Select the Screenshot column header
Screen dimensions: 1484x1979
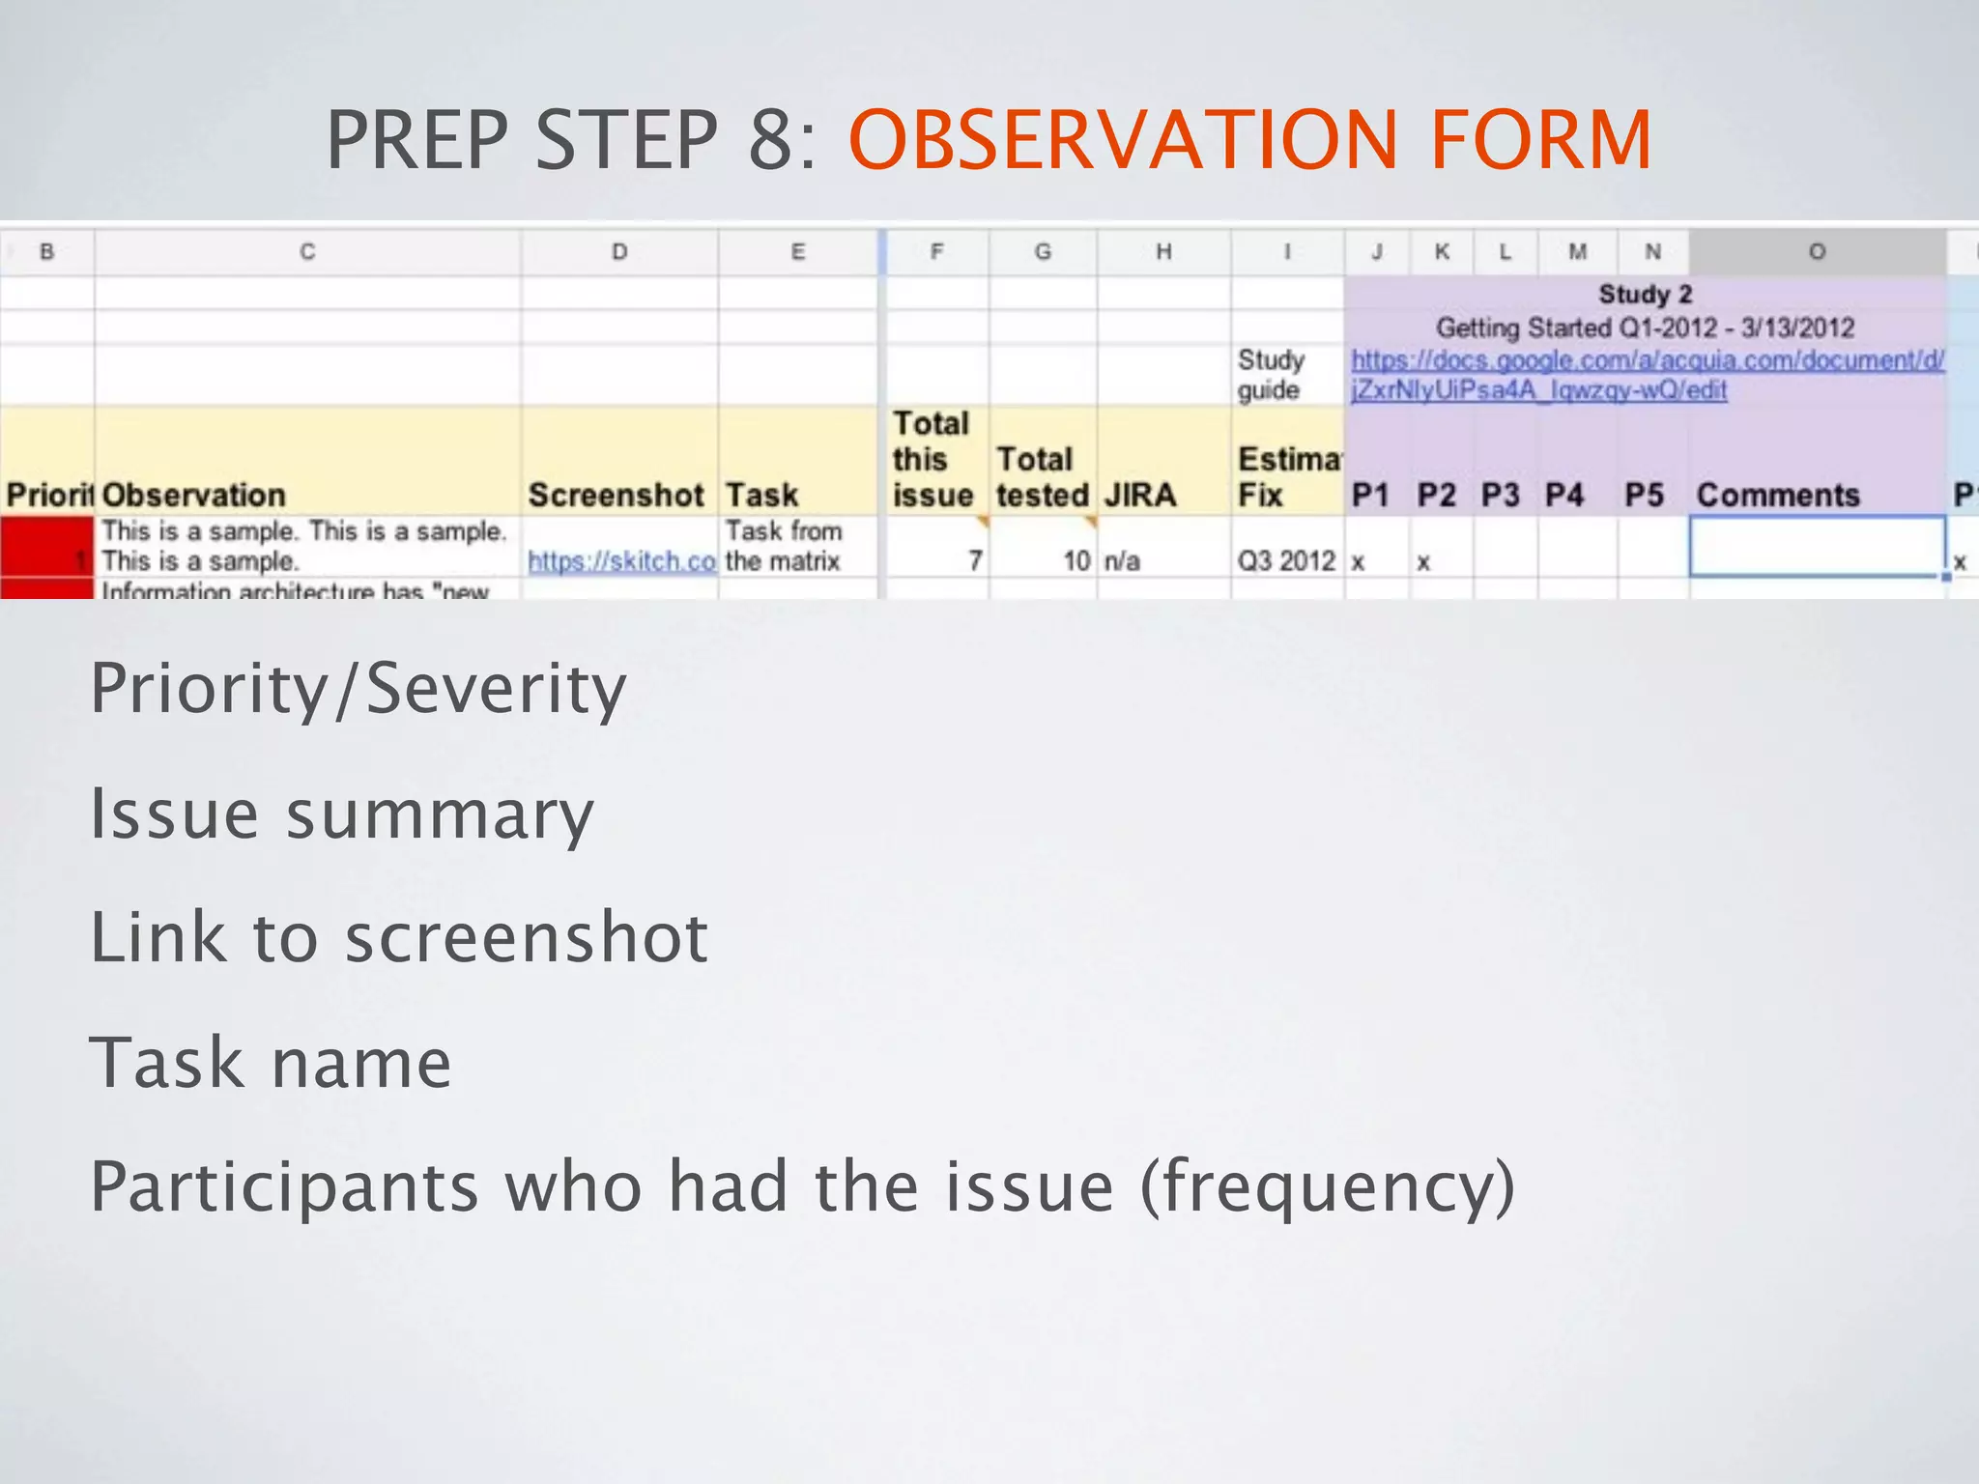[616, 495]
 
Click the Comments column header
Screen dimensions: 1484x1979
[1777, 495]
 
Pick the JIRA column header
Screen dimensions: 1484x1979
[1139, 495]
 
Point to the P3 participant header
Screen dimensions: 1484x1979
[1500, 495]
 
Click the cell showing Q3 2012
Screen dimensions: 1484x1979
[1286, 560]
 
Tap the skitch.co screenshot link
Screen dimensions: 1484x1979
[621, 560]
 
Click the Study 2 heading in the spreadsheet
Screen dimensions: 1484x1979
[1645, 294]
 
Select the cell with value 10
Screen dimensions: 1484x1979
[1076, 560]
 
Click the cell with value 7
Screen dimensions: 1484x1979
[975, 560]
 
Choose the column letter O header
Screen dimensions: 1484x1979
[1817, 252]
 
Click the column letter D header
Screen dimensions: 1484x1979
[619, 252]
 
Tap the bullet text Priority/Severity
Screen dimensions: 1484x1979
[358, 689]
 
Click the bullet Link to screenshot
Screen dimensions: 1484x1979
[398, 937]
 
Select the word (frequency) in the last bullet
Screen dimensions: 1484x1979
[1327, 1186]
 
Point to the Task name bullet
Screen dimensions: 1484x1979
[270, 1062]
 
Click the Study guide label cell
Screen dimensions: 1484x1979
[1270, 375]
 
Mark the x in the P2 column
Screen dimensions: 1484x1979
[1422, 562]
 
